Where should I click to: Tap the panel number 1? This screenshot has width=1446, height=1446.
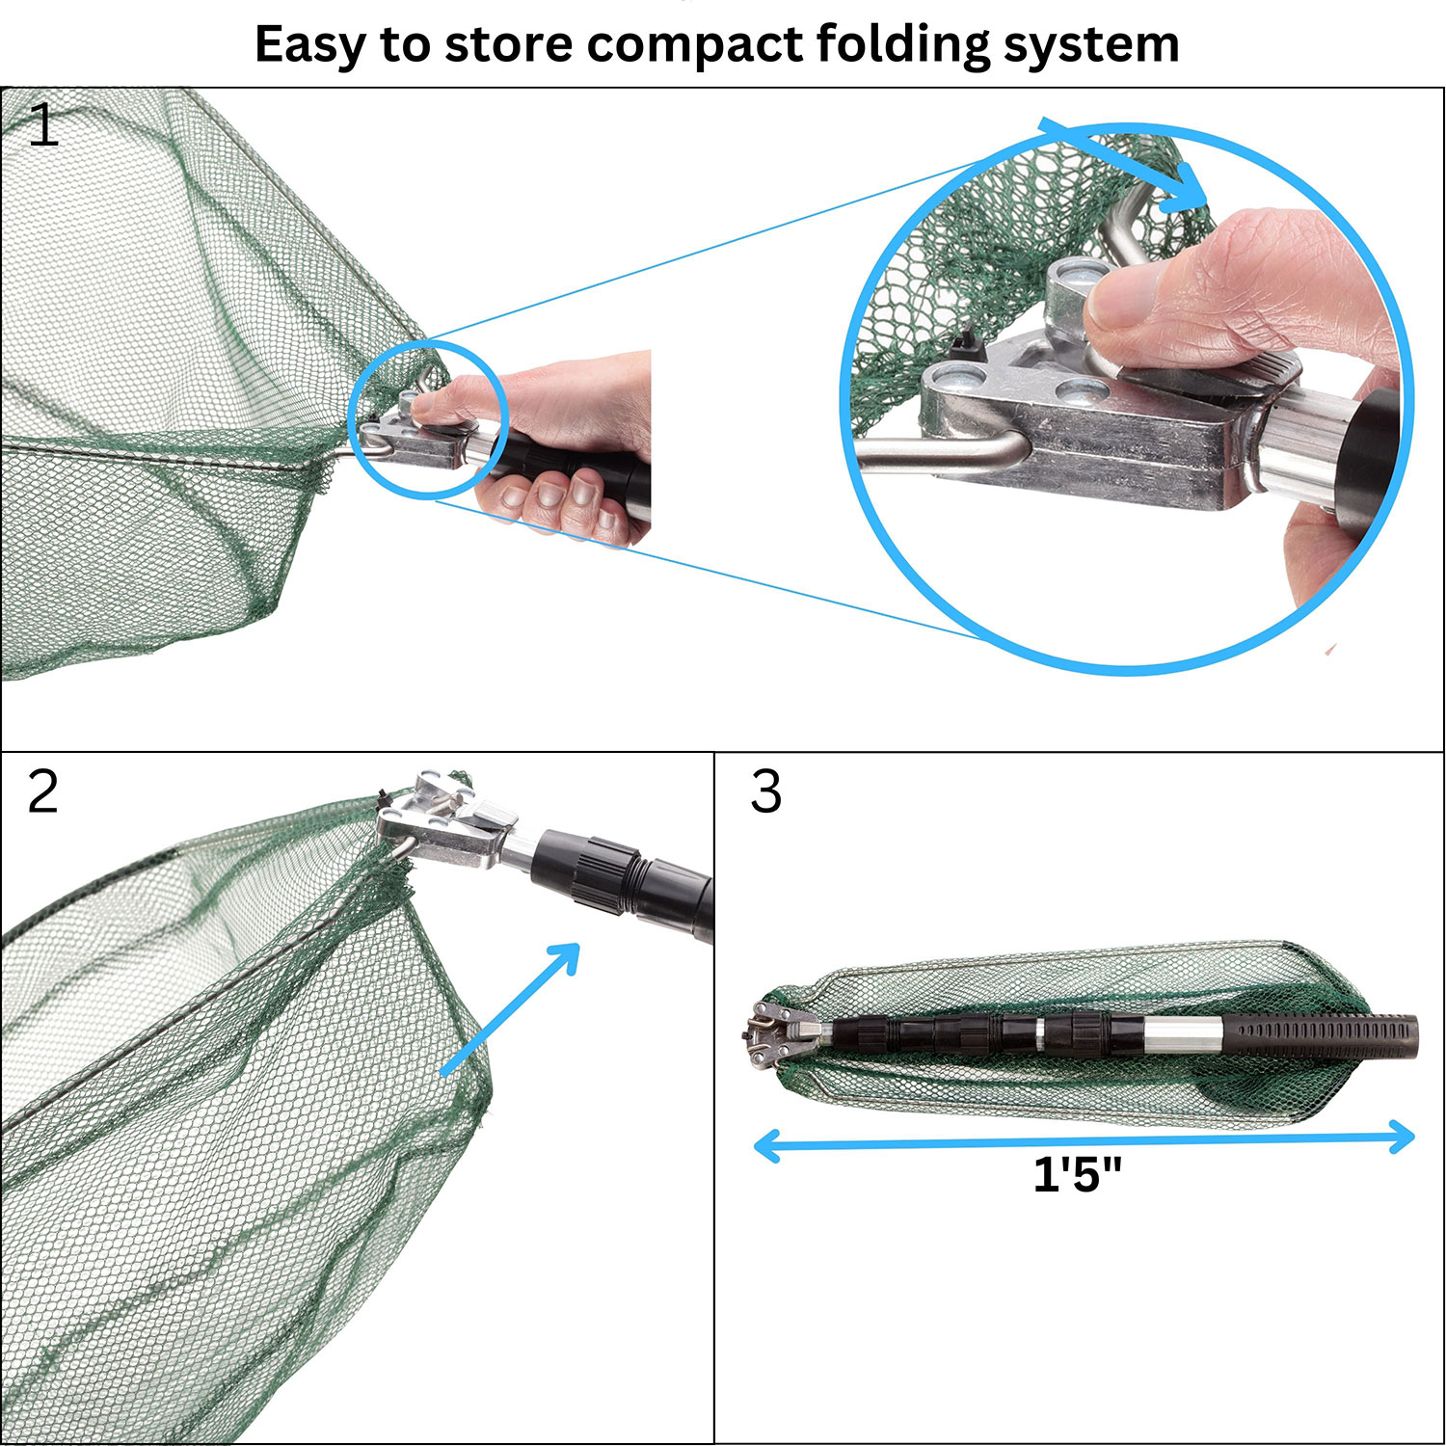[x=43, y=126]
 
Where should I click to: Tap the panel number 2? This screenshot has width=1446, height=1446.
[x=43, y=792]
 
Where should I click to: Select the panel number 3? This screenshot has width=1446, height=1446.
[x=765, y=792]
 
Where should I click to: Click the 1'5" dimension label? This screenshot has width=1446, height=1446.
[x=1077, y=1174]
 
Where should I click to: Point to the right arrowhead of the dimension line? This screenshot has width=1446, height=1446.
[x=1404, y=1138]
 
